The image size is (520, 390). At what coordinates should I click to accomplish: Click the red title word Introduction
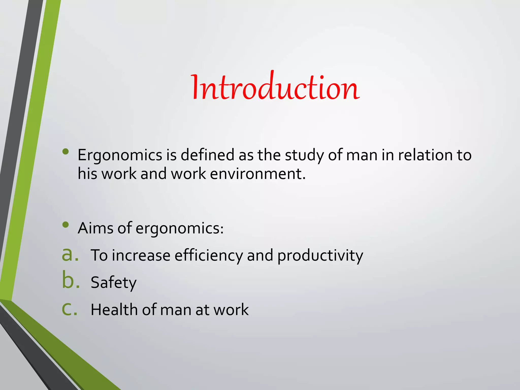tap(275, 88)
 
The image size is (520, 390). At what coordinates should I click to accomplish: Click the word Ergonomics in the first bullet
tap(120, 155)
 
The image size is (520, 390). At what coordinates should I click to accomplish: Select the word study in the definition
tap(304, 155)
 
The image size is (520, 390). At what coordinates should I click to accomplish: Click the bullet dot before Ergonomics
tap(66, 152)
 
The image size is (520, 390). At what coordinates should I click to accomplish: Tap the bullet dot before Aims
tap(66, 224)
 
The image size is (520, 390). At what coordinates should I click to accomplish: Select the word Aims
tap(95, 228)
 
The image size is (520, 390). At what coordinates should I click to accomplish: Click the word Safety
tap(113, 283)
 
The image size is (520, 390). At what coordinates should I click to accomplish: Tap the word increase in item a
tap(141, 255)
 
